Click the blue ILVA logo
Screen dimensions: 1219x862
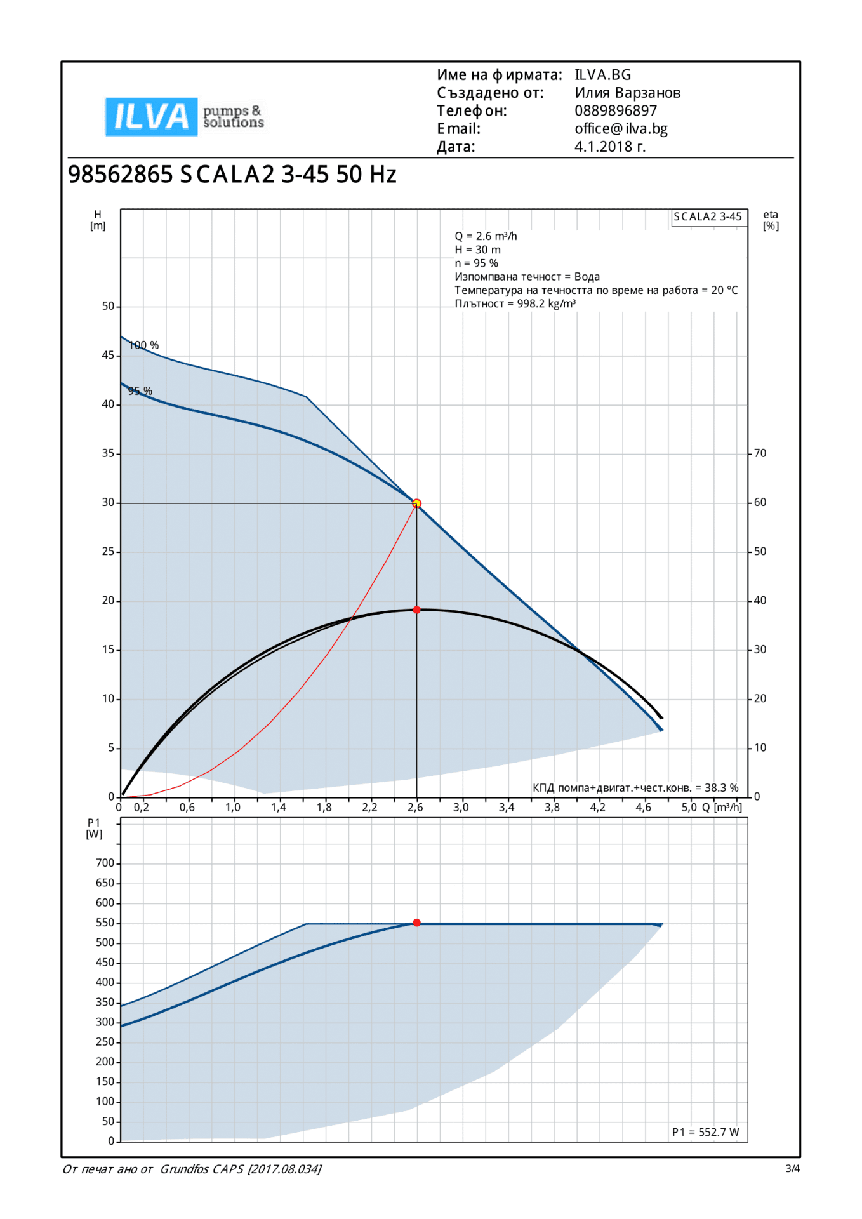point(151,117)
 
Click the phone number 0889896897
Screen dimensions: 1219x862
point(615,111)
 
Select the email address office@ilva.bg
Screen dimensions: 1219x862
point(621,129)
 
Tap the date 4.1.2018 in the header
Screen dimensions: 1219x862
point(609,147)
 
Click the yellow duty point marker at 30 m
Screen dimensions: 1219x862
point(416,503)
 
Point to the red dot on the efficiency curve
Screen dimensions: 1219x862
point(416,610)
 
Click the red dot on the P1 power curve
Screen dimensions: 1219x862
point(416,923)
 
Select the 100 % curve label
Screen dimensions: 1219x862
point(144,345)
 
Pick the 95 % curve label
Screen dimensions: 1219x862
point(140,391)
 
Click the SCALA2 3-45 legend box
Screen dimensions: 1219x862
point(708,216)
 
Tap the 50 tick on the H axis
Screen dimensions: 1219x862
point(109,306)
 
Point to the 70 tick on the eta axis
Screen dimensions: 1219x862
point(760,453)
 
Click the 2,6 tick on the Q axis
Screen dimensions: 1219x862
point(415,808)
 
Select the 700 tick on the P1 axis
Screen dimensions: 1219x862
point(105,863)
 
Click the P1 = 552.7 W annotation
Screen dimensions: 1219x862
point(705,1132)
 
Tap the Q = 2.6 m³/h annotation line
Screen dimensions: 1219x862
point(486,236)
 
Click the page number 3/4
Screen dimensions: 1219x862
point(792,1168)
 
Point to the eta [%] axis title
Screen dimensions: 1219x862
point(771,220)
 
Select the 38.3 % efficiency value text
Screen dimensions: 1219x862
point(722,788)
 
